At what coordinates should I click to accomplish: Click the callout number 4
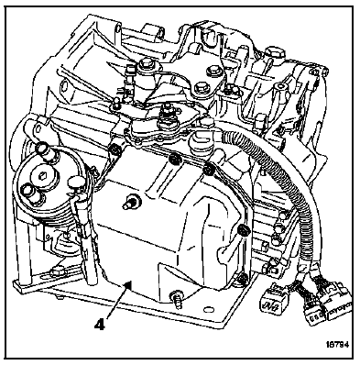[100, 324]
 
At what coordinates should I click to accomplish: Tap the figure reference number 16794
[337, 345]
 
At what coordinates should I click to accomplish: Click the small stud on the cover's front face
[132, 203]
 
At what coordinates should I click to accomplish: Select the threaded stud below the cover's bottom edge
[177, 298]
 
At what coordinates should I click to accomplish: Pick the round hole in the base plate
[209, 310]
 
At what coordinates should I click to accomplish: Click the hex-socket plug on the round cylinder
[42, 176]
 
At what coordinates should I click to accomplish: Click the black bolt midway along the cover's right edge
[244, 229]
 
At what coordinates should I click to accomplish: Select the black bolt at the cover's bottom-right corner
[242, 278]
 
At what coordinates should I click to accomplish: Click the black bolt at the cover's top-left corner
[115, 149]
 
